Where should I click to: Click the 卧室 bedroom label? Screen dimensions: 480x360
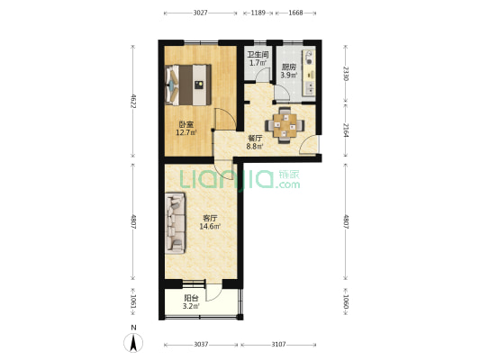186,124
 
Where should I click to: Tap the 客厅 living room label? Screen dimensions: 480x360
210,218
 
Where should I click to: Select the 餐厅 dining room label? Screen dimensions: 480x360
255,138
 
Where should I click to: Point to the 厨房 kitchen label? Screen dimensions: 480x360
289,67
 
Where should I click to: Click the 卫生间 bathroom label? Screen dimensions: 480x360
258,55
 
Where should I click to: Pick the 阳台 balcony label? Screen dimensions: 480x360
191,298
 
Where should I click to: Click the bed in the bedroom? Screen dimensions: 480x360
188,85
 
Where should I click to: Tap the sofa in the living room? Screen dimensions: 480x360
176,223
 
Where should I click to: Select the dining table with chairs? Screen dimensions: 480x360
285,125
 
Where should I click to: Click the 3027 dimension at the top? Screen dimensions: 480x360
201,13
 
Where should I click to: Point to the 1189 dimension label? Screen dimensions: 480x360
258,13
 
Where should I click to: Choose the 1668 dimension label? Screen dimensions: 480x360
295,13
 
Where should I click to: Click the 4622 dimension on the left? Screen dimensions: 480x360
133,101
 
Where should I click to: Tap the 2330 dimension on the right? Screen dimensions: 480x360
346,74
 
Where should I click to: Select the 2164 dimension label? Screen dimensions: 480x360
346,130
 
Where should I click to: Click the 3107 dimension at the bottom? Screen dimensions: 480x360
278,345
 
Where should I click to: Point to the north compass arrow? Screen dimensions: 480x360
133,343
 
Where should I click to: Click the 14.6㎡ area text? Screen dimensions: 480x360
211,226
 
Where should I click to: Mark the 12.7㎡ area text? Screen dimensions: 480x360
186,132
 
